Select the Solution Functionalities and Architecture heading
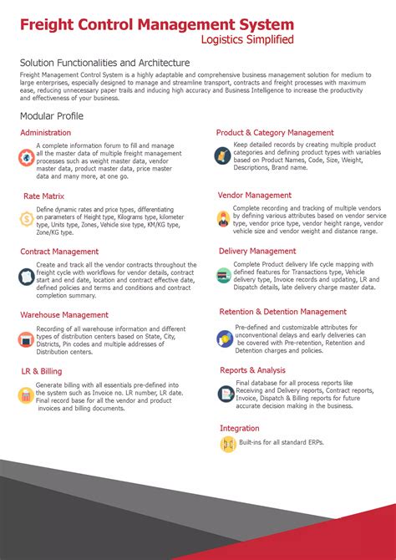pyautogui.click(x=105, y=63)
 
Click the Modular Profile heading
pyautogui.click(x=52, y=115)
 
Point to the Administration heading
pyautogui.click(x=46, y=133)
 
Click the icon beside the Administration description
pyautogui.click(x=28, y=157)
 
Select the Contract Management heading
pyautogui.click(x=59, y=251)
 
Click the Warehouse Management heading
pyautogui.click(x=64, y=315)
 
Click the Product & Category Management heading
pyautogui.click(x=275, y=133)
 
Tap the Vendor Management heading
pyautogui.click(x=255, y=196)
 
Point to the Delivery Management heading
pyautogui.click(x=257, y=251)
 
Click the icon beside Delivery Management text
pyautogui.click(x=223, y=274)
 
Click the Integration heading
pyautogui.click(x=240, y=428)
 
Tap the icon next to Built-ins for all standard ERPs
pyautogui.click(x=228, y=445)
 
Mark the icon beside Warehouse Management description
pyautogui.click(x=28, y=339)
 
